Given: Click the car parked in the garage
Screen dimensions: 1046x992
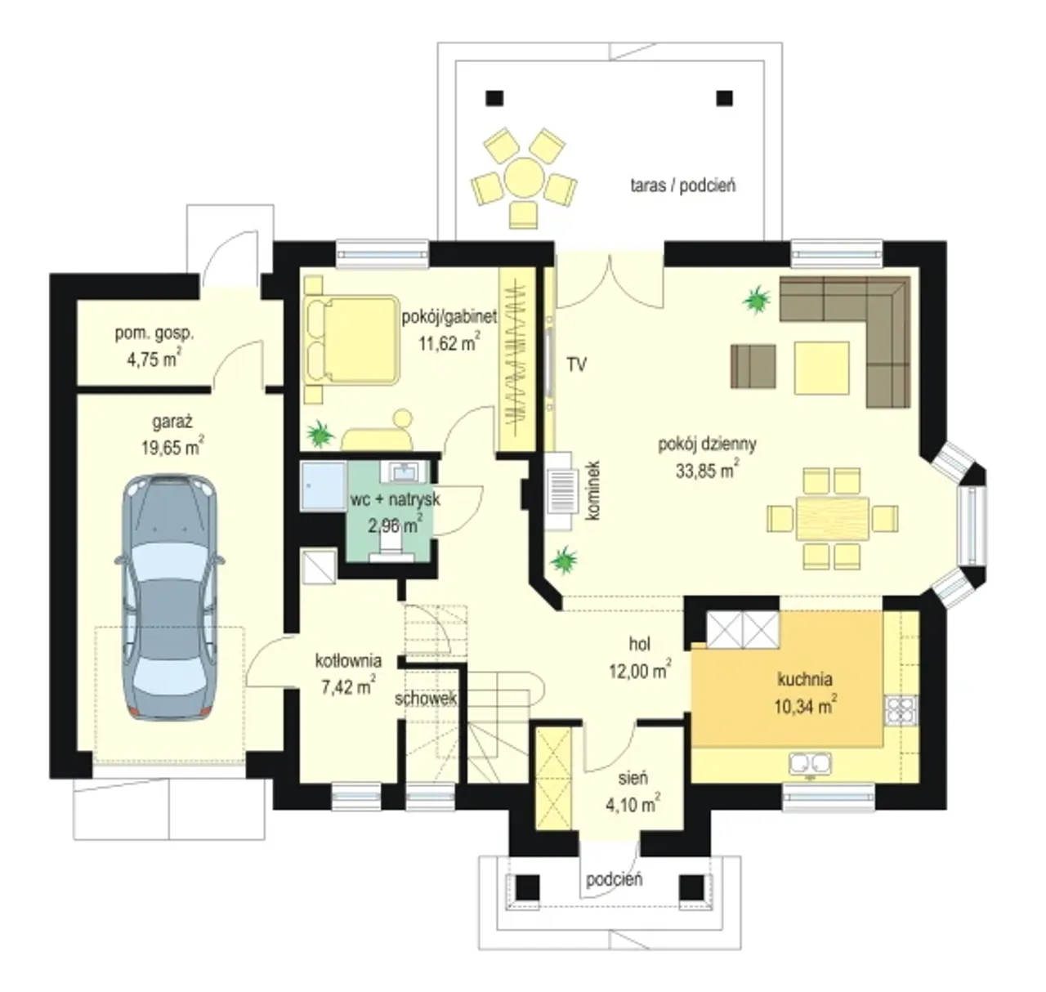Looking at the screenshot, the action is [x=169, y=597].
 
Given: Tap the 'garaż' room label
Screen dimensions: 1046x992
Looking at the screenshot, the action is [x=172, y=422].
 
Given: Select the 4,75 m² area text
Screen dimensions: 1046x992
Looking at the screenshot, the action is [x=154, y=359].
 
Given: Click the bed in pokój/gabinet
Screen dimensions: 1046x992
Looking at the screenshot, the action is [x=351, y=340].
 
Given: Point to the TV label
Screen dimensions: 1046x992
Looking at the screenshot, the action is [x=577, y=364].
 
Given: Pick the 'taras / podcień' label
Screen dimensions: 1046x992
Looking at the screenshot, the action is [x=683, y=185].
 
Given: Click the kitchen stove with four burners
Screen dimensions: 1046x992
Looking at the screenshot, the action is [x=901, y=710].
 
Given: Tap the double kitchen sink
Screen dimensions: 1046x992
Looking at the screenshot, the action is [x=810, y=764].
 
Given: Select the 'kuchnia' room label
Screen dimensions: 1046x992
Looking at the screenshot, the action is [x=804, y=679].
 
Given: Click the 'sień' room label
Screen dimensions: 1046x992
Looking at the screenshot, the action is [x=633, y=778].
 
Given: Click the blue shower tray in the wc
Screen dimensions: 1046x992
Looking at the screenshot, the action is [x=324, y=487].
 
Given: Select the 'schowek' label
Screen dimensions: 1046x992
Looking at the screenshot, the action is [x=425, y=699].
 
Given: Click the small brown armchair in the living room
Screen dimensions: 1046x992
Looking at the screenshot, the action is [x=753, y=366].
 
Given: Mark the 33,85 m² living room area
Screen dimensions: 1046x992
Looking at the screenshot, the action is [x=707, y=471].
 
